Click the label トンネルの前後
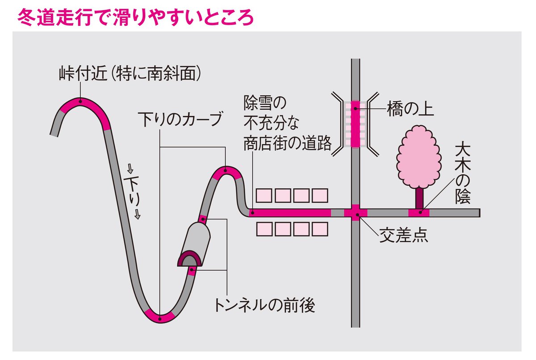tap(265, 306)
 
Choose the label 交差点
tap(403, 235)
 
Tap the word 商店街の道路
tap(288, 143)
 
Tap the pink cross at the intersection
tap(355, 213)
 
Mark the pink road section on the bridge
tap(355, 124)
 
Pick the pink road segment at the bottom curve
tap(160, 318)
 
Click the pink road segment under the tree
tap(419, 213)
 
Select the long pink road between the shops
tap(290, 213)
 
